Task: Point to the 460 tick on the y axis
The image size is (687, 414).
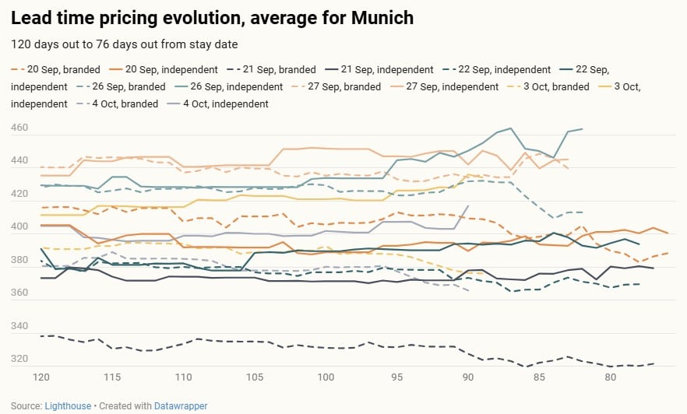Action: [21, 128]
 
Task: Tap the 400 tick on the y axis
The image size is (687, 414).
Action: [21, 227]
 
